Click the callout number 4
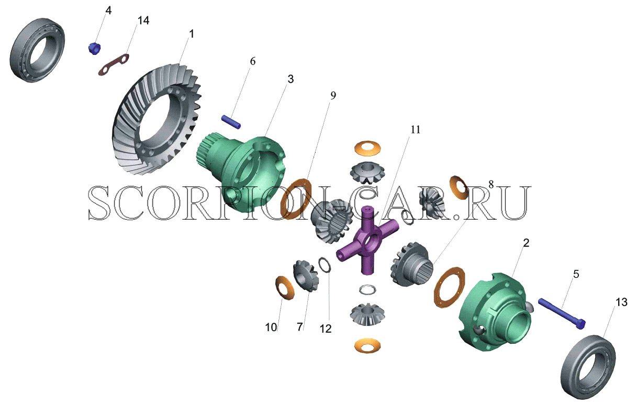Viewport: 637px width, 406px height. pyautogui.click(x=108, y=10)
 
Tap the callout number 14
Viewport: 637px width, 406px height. pyautogui.click(x=143, y=20)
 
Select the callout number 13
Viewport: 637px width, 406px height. pyautogui.click(x=621, y=302)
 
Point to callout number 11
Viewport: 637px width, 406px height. pyautogui.click(x=415, y=130)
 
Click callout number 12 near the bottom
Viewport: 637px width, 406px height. pyautogui.click(x=326, y=329)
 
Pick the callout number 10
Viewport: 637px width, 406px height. pyautogui.click(x=271, y=328)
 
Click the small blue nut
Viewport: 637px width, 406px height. pyautogui.click(x=95, y=49)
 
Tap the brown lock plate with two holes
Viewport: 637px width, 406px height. pyautogui.click(x=114, y=64)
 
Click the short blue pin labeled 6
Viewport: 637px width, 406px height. pyautogui.click(x=231, y=122)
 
